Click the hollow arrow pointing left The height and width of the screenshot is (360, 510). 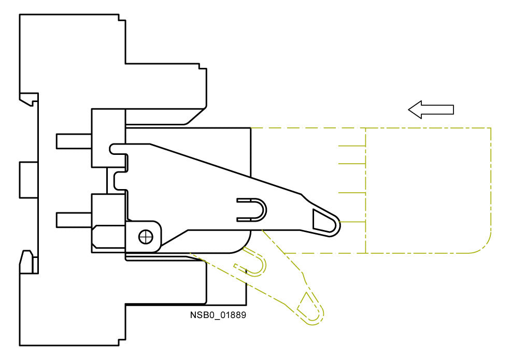point(431,110)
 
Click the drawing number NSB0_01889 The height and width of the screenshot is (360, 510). point(218,315)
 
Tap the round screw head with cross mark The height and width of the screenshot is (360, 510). point(146,237)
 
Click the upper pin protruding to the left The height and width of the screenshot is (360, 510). point(74,141)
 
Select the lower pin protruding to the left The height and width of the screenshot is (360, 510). point(74,220)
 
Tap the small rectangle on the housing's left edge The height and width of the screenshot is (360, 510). point(29,180)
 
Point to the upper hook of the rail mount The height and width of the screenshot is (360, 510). point(29,99)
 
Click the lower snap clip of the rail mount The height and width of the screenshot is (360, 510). point(29,262)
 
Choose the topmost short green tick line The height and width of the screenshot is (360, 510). point(352,146)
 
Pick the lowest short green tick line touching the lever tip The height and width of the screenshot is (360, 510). point(352,222)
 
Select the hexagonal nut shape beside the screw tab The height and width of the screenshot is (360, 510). point(108,236)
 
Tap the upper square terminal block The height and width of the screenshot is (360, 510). point(108,138)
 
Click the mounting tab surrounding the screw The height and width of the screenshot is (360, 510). point(143,236)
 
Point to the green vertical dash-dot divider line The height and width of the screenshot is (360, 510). point(366,191)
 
